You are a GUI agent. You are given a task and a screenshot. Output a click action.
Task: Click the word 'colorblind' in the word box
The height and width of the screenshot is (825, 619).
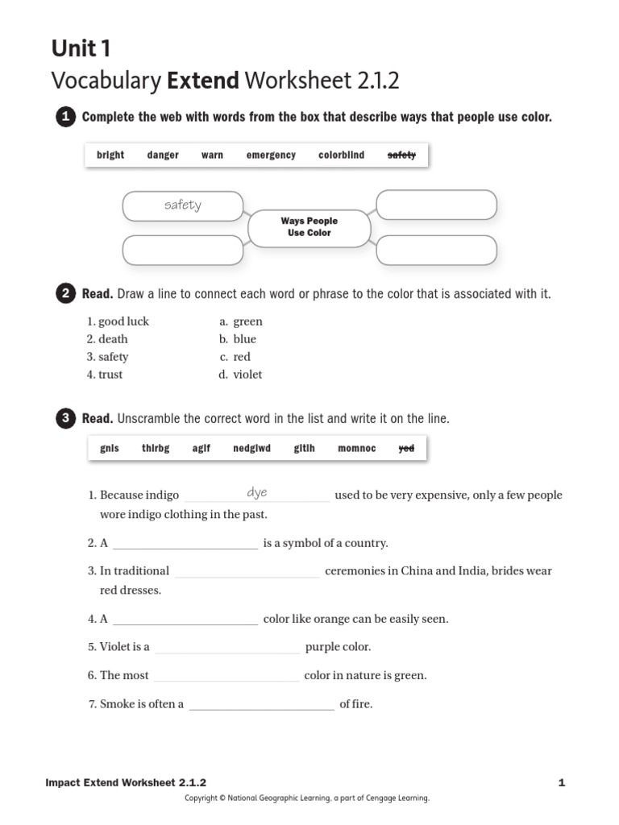click(341, 155)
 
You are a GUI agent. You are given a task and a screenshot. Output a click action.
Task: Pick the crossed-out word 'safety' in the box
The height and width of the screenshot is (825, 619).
click(401, 155)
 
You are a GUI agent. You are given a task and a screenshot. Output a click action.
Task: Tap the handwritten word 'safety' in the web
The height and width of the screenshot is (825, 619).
click(183, 205)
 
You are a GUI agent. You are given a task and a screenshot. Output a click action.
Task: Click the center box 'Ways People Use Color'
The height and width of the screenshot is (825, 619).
click(309, 227)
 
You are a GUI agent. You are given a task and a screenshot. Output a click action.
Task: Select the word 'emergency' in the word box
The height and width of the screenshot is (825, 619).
click(271, 155)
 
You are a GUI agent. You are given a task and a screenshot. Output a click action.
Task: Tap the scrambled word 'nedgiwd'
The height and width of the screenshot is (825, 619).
click(251, 449)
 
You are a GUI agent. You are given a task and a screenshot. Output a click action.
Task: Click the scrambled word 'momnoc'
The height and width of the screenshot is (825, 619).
click(356, 449)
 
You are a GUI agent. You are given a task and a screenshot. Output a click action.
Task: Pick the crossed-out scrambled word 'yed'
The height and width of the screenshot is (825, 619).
click(406, 449)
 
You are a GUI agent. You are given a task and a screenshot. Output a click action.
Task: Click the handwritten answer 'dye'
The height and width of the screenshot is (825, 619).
click(256, 492)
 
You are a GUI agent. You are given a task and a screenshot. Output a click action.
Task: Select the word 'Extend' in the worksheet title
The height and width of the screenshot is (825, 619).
click(203, 81)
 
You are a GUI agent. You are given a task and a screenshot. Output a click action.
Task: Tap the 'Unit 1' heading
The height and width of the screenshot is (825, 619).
click(81, 49)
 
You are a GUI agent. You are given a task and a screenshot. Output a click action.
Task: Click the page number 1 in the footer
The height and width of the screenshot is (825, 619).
click(561, 782)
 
